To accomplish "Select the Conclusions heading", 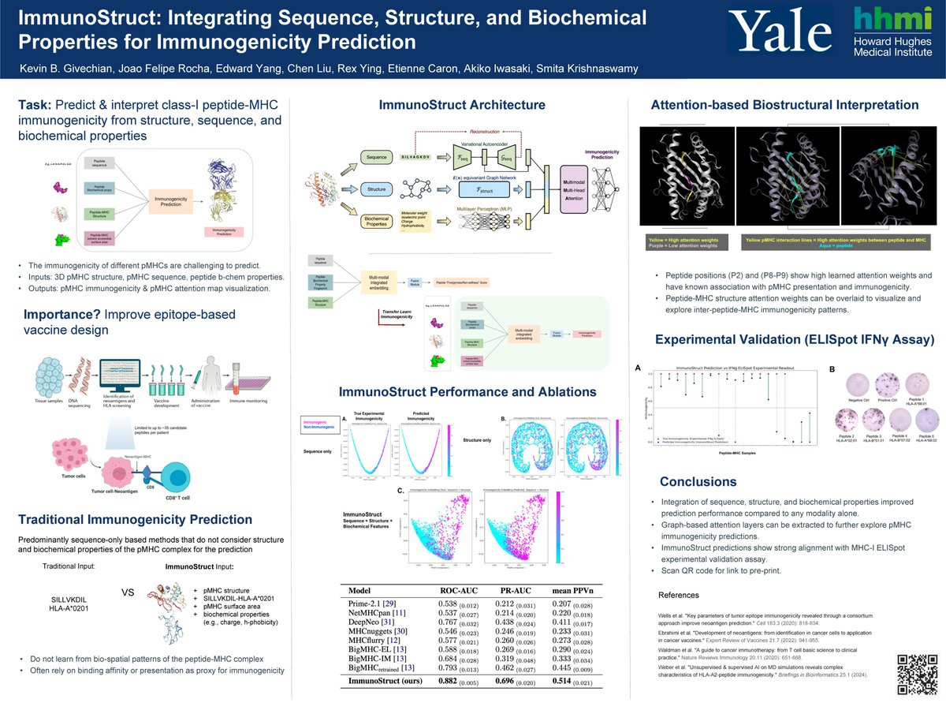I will pos(698,481).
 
